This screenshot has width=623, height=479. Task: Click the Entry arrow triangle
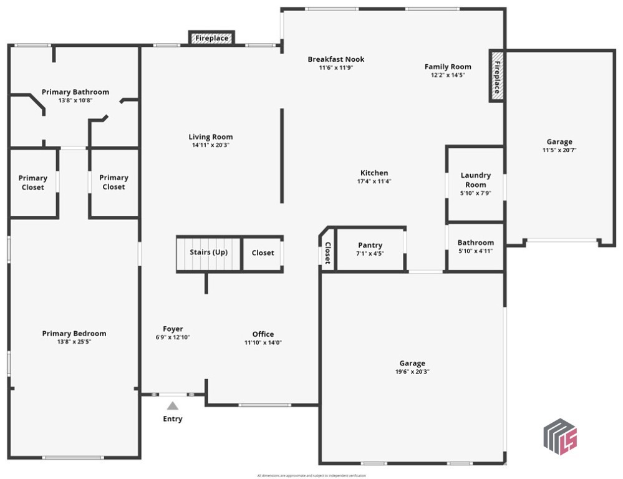(x=172, y=406)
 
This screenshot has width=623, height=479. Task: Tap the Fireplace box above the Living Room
(x=211, y=38)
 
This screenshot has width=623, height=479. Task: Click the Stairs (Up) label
(x=208, y=253)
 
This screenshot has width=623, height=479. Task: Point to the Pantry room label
(x=370, y=245)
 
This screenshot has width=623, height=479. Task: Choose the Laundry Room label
(x=475, y=180)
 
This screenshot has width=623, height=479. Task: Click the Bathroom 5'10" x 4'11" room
(x=475, y=246)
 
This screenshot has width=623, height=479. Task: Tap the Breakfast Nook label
(x=336, y=59)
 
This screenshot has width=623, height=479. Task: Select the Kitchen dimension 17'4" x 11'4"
(x=374, y=181)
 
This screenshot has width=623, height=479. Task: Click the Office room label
(x=263, y=334)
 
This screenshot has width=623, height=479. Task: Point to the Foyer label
(x=173, y=329)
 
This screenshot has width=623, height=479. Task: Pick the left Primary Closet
(x=33, y=182)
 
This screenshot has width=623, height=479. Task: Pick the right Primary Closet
(x=113, y=182)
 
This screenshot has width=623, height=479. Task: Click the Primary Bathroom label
(x=75, y=92)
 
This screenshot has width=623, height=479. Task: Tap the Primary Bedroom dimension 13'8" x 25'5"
(x=74, y=342)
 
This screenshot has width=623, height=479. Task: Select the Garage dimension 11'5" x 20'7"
(x=559, y=150)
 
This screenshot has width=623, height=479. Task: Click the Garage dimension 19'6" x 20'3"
(x=412, y=372)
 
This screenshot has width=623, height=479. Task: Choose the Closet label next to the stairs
(x=263, y=253)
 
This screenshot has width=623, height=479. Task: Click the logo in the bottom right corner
(x=559, y=436)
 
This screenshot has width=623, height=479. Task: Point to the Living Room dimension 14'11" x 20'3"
(x=211, y=145)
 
